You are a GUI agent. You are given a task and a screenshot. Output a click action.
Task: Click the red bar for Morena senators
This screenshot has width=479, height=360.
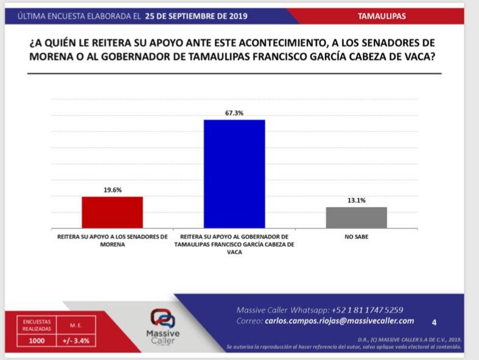tap(112, 212)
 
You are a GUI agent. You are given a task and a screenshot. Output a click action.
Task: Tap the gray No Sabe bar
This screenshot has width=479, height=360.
tap(356, 217)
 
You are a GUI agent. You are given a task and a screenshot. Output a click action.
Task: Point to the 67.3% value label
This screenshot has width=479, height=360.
tap(234, 113)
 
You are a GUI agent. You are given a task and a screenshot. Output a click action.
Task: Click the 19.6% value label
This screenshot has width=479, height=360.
tap(112, 189)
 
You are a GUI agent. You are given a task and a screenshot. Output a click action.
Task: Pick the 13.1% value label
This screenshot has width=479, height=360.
tap(356, 200)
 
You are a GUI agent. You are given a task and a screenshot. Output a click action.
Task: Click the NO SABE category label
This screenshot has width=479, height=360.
tap(356, 236)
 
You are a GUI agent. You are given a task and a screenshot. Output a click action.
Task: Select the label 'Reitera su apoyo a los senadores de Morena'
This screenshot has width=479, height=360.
tap(112, 240)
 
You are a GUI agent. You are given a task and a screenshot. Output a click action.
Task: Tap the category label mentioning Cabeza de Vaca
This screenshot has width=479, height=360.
tap(234, 244)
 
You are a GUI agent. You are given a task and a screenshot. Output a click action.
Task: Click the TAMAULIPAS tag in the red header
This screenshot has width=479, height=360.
tap(382, 16)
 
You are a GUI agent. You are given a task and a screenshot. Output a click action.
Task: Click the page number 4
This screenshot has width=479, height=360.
tap(434, 322)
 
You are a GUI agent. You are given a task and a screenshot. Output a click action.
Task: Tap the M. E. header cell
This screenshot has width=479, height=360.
tap(76, 325)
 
